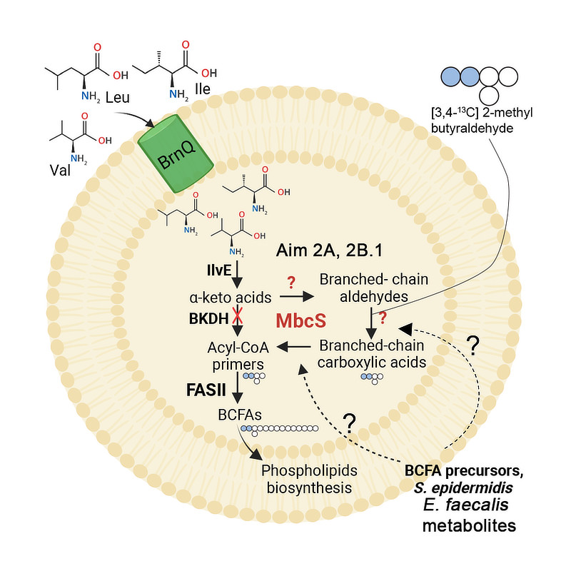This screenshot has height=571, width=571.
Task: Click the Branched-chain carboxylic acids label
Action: tap(372, 354)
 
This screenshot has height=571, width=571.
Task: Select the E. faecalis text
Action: tap(470, 507)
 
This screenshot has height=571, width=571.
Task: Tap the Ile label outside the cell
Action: tap(204, 91)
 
